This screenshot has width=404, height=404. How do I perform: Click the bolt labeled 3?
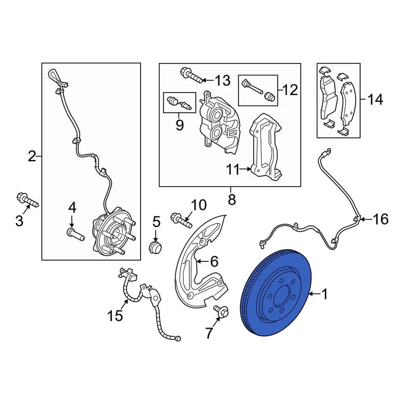(26, 200)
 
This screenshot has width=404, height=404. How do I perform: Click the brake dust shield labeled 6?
(198, 269)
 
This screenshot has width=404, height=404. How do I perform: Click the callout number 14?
(375, 100)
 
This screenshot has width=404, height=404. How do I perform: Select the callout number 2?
(32, 157)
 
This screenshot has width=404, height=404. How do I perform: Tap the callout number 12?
(290, 90)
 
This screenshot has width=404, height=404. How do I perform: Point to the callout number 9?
(180, 125)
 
